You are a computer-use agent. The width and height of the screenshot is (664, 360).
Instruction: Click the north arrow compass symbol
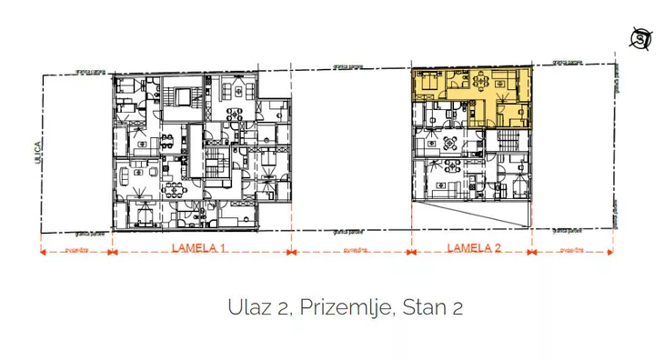pos(643,38)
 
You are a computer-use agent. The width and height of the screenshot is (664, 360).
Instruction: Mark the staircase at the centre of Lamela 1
pos(216,167)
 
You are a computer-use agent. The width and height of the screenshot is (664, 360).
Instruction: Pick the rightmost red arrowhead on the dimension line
pos(612,253)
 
